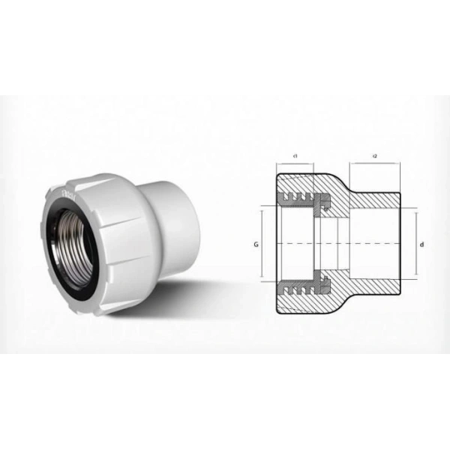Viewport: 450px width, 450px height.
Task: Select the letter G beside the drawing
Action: [256, 244]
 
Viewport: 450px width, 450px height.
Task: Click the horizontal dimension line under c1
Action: [297, 163]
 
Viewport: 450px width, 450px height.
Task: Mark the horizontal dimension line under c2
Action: [375, 163]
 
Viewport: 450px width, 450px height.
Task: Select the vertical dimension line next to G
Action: [262, 244]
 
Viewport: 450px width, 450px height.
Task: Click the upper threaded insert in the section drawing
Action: [304, 199]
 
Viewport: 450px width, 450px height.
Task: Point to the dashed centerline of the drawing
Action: [337, 244]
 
